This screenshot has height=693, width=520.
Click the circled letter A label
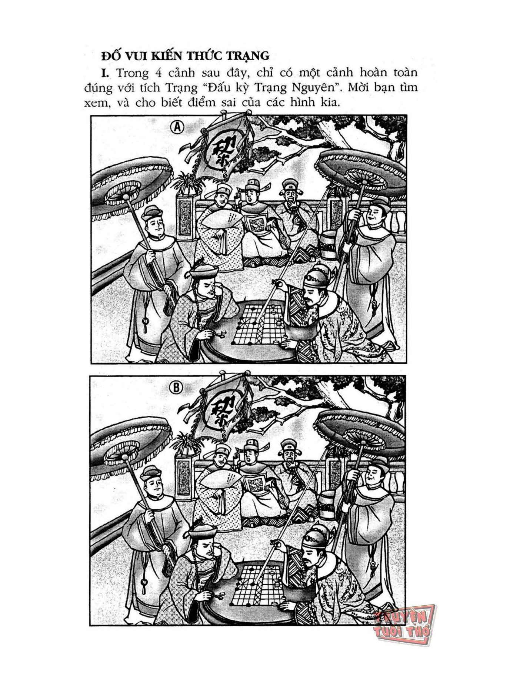[177, 127]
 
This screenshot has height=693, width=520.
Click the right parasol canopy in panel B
[361, 429]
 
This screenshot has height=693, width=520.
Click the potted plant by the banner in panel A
[188, 184]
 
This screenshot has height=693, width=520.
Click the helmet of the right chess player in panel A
[318, 277]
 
